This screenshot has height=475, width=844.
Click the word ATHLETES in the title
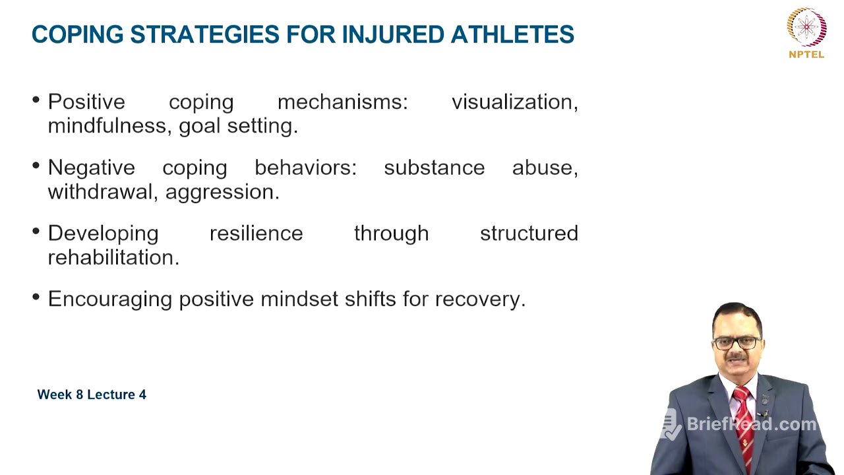(512, 34)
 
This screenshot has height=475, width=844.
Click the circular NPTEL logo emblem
(806, 27)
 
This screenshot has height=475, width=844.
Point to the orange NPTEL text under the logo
(806, 55)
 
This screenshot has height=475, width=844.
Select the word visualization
(514, 102)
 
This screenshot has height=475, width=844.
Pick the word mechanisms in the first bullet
(342, 102)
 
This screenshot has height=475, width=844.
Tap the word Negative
(91, 168)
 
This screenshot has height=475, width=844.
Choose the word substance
(434, 168)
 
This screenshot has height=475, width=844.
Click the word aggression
(222, 192)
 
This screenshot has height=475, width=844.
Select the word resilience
(256, 234)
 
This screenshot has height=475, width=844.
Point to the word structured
(529, 234)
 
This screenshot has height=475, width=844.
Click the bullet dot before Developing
(36, 232)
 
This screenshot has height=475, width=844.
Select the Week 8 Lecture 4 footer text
(92, 395)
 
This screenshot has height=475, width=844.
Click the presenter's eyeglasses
(737, 343)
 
